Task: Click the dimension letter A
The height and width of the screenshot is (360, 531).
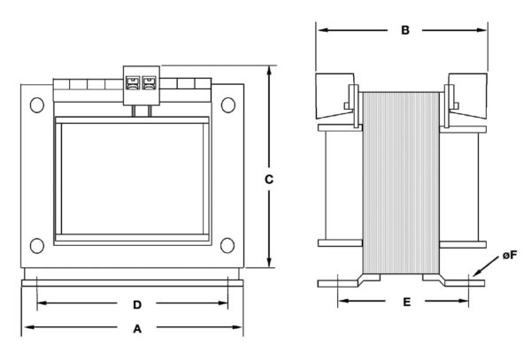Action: click(x=137, y=328)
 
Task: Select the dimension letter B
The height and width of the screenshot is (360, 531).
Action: click(x=405, y=30)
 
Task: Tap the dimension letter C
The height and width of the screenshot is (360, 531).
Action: click(x=269, y=180)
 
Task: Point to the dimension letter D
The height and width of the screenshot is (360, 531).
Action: click(x=137, y=305)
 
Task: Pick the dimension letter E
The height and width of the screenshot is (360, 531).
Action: click(x=407, y=302)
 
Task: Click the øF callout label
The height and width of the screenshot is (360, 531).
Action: click(x=510, y=255)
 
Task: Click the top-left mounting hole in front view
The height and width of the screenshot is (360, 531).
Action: click(x=37, y=105)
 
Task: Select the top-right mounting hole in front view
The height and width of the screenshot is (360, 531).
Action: click(x=228, y=105)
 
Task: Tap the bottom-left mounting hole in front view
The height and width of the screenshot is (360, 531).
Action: click(x=37, y=246)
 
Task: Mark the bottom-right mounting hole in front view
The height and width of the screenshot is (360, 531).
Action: click(x=227, y=246)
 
